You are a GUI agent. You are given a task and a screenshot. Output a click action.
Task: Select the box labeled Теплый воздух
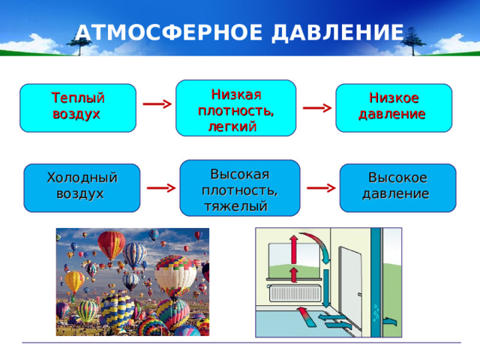77,107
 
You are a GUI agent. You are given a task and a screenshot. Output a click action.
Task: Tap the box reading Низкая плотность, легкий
235,108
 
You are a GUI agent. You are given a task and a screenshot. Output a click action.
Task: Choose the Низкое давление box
393,107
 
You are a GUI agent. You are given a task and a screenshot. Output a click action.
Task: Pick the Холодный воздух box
82,186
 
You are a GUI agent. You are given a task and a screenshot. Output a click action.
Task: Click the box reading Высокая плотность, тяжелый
239,187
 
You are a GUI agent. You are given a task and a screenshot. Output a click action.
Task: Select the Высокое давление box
397,186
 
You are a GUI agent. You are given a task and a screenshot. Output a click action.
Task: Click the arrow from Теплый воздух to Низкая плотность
155,104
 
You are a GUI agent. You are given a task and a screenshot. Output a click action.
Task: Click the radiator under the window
298,293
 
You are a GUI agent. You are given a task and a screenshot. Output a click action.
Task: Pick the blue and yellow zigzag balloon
117,307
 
